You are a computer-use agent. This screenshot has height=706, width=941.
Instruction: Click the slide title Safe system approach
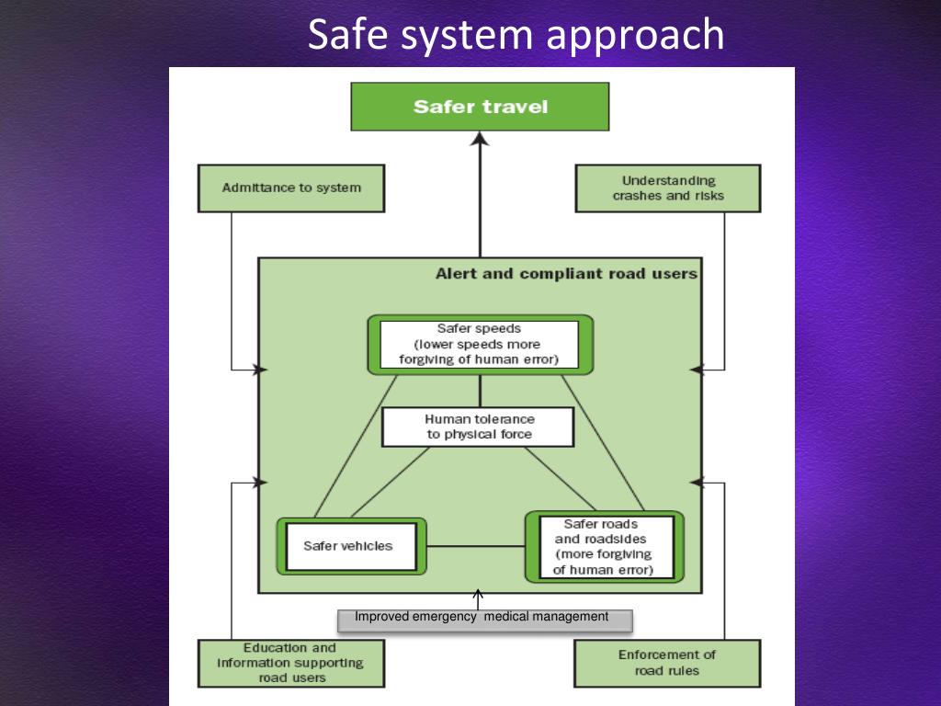(x=516, y=35)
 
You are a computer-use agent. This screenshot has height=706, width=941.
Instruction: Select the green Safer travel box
(x=480, y=107)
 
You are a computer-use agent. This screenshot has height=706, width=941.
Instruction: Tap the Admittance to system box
(x=291, y=188)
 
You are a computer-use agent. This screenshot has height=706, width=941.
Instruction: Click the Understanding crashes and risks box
(x=668, y=188)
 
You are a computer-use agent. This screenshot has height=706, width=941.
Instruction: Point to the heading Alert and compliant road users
(x=566, y=274)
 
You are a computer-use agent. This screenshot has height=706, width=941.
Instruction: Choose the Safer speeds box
(x=480, y=344)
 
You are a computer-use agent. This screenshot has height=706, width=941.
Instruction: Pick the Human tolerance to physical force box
(x=478, y=427)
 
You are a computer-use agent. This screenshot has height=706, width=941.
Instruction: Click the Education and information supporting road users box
(x=290, y=663)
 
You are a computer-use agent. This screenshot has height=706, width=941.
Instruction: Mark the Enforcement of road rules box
(x=667, y=663)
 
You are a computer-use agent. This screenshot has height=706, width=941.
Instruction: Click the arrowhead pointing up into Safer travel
(x=479, y=139)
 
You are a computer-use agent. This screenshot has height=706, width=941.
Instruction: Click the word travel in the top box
(x=514, y=107)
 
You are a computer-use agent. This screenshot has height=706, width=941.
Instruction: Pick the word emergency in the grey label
(x=445, y=617)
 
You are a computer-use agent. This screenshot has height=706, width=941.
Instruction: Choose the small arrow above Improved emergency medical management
(x=478, y=596)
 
